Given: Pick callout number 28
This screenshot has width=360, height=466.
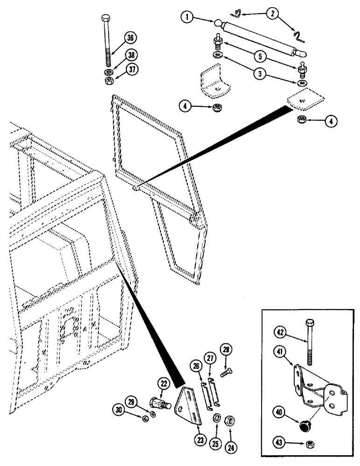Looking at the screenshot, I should coord(227,362).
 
